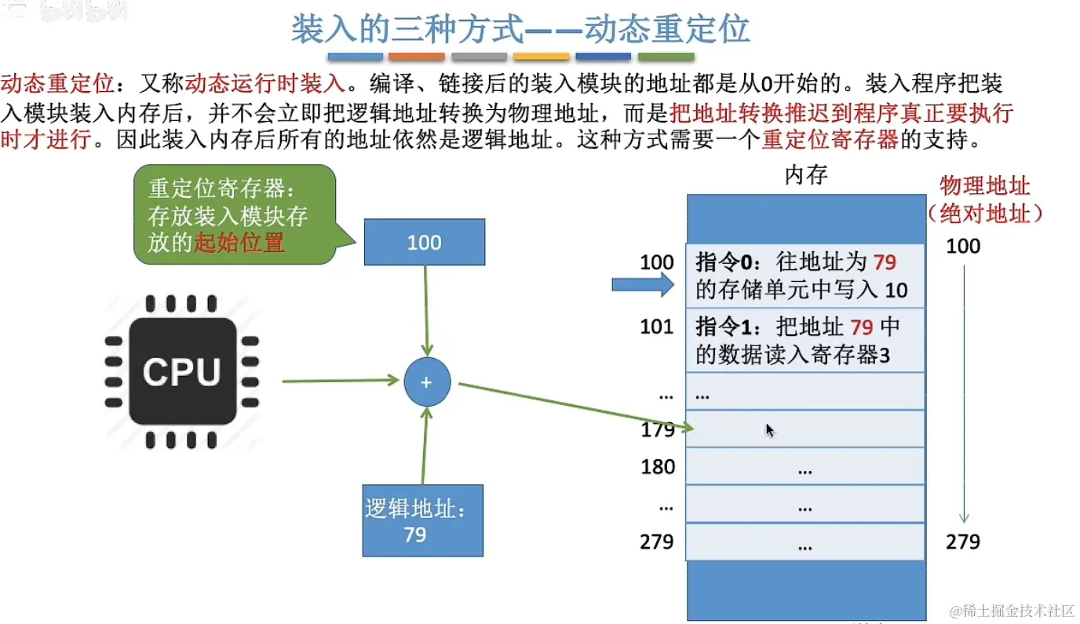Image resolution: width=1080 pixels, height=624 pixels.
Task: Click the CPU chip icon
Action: (x=181, y=372)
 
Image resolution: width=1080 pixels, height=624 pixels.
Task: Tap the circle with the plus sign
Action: (x=427, y=382)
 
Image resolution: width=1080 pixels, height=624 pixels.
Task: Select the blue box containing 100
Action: (x=425, y=243)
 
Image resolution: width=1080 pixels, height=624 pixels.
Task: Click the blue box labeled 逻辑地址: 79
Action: (x=422, y=521)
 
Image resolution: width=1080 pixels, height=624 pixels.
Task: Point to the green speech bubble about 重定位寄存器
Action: (x=233, y=214)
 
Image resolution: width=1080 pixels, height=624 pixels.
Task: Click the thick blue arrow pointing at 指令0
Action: (x=643, y=284)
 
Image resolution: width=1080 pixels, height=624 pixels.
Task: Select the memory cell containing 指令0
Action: (x=805, y=276)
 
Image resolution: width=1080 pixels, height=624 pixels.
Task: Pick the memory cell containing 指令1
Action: (x=805, y=340)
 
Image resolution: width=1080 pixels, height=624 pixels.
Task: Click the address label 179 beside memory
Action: (x=657, y=429)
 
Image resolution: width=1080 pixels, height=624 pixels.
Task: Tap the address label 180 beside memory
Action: (x=657, y=467)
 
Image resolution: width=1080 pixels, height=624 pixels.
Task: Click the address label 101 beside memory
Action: (x=657, y=326)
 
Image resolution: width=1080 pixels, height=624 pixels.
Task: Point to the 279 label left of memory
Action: (x=657, y=542)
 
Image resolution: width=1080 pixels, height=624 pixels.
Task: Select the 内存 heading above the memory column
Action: (x=806, y=175)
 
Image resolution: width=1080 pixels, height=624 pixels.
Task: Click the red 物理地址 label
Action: (x=985, y=185)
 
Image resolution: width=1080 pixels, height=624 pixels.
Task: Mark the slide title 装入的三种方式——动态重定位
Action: (x=520, y=29)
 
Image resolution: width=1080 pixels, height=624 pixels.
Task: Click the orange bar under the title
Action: (x=416, y=57)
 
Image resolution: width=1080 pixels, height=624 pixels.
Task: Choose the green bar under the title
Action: (x=666, y=57)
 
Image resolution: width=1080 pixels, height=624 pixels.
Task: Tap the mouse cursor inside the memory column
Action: (x=769, y=429)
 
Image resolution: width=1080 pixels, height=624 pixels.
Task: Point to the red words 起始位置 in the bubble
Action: (x=239, y=243)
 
